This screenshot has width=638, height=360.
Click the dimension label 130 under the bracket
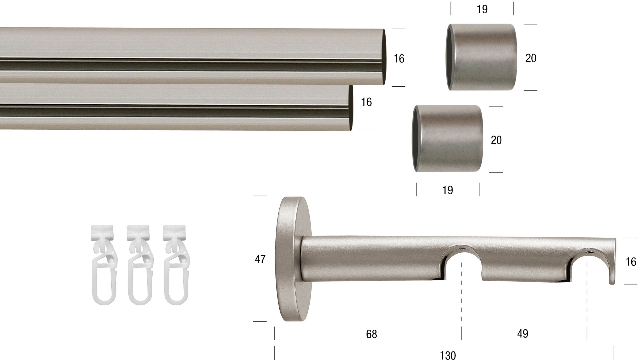coord(448,355)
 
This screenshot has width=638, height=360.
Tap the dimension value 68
coord(371,334)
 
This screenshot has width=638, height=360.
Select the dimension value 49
coord(523,334)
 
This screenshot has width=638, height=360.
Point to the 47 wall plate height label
coord(260,259)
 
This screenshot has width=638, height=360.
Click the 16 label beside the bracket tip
coord(631,262)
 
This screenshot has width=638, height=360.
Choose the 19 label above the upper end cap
coord(482,9)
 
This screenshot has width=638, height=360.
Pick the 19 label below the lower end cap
coord(447,190)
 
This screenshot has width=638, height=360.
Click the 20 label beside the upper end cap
coord(531,58)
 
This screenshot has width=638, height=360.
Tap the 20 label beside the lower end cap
coord(496,140)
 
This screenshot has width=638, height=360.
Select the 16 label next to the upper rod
coord(399,59)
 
